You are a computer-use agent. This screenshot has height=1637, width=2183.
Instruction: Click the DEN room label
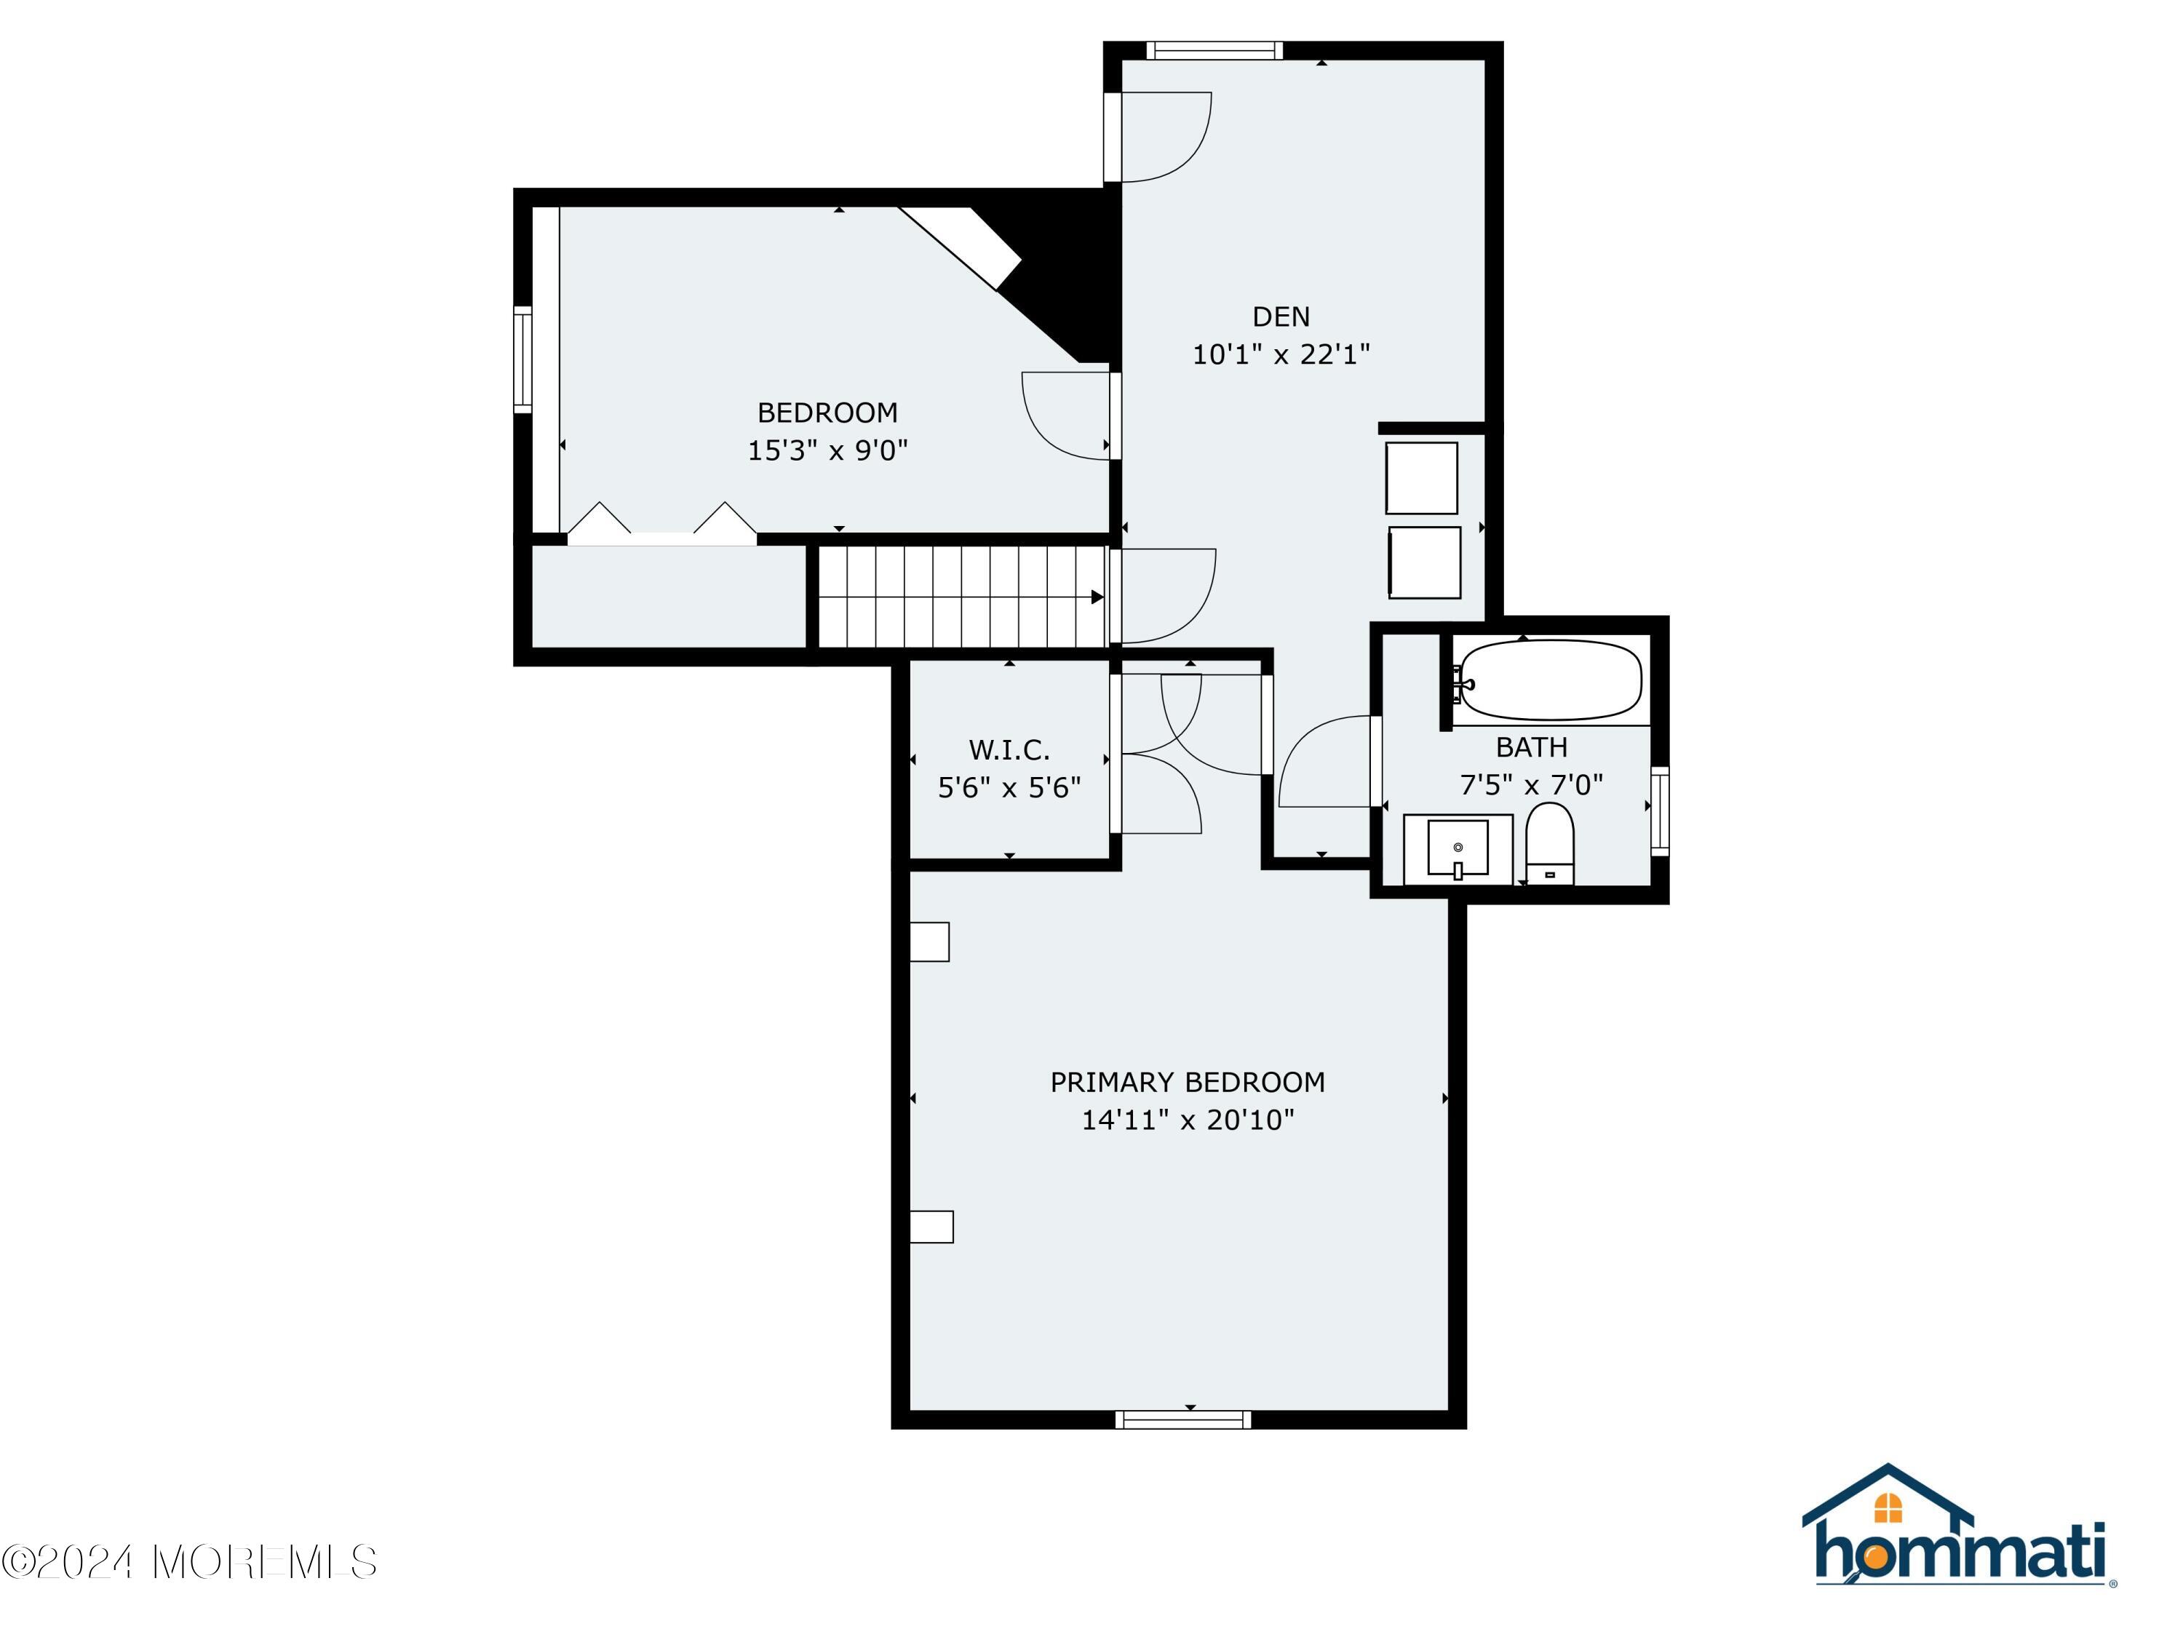pos(1281,316)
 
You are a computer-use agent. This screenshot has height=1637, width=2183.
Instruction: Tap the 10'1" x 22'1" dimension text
pos(1281,354)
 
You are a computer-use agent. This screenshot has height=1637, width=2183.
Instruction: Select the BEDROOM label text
pos(827,413)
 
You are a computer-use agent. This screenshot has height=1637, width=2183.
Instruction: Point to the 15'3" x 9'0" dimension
pos(827,450)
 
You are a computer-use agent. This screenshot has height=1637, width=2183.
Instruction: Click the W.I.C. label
pos(1009,750)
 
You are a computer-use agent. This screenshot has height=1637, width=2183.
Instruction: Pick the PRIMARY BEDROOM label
pos(1188,1083)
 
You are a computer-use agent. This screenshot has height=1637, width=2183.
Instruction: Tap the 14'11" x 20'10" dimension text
pos(1188,1120)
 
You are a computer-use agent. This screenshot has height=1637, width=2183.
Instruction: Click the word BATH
pos(1531,748)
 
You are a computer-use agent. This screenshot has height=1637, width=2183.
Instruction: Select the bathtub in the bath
pos(1549,680)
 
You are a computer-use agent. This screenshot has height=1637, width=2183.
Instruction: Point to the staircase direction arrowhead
pos(1097,597)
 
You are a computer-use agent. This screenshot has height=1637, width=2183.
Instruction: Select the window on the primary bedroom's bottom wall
pos(1183,1420)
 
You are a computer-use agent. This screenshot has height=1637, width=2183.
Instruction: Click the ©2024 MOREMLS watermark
pos(189,1562)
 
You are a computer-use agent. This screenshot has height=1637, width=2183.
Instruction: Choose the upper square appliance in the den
pos(1421,477)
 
